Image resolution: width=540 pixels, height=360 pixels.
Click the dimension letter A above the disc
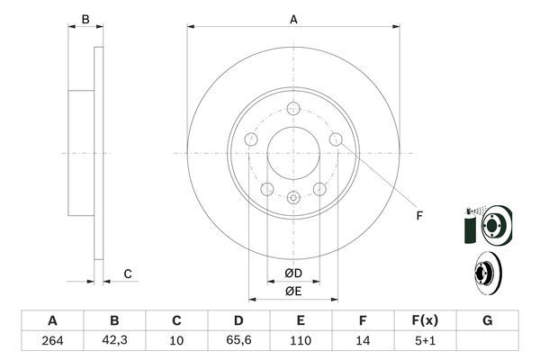(293, 19)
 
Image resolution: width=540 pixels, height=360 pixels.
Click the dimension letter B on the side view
(85, 19)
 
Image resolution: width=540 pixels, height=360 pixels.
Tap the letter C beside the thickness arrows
(128, 274)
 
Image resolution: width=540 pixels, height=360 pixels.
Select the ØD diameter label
(293, 273)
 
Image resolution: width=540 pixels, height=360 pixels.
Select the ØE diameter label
(293, 291)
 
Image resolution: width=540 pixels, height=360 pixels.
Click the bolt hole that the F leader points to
(337, 139)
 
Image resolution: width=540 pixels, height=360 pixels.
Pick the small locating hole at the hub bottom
(293, 198)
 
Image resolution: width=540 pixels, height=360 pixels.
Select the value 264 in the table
(52, 340)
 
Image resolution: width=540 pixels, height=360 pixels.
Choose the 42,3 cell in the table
(114, 340)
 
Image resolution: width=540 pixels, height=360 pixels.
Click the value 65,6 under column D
(238, 340)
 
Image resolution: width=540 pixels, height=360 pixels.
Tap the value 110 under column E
(301, 340)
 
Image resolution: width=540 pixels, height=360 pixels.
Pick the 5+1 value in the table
(425, 340)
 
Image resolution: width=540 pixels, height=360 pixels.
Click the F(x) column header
(425, 320)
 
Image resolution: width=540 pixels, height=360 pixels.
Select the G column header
(487, 320)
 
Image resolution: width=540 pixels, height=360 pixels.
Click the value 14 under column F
(363, 340)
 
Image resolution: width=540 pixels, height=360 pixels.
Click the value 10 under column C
(176, 340)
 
